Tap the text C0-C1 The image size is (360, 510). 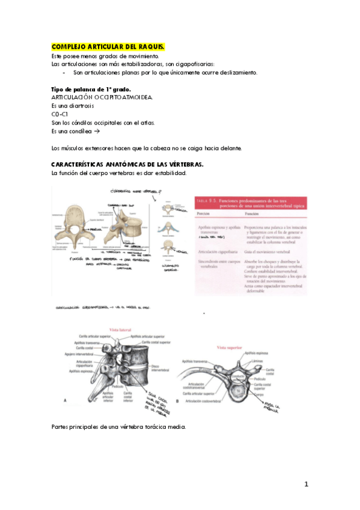[x=59, y=114]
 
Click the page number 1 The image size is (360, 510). [x=306, y=484]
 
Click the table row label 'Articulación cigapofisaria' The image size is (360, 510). [x=219, y=250]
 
